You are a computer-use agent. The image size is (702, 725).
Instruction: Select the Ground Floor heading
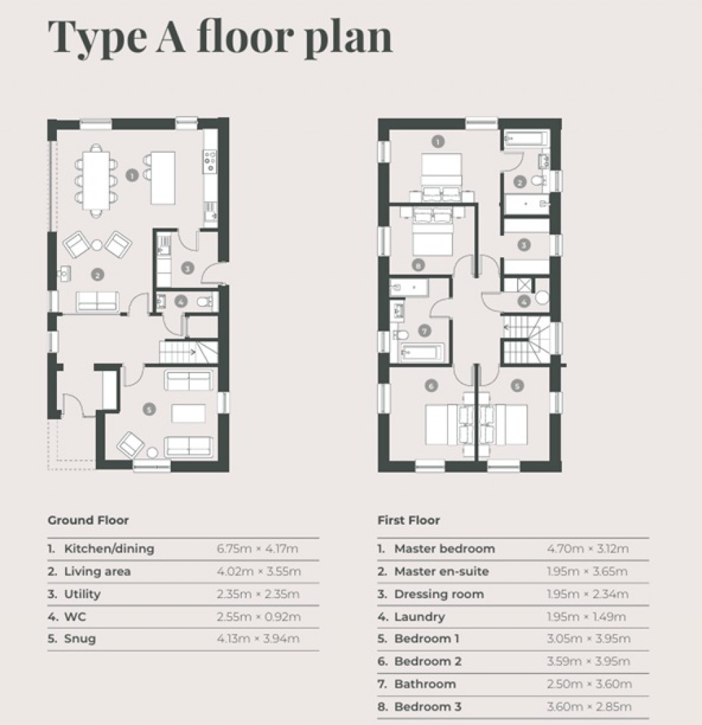click(x=88, y=520)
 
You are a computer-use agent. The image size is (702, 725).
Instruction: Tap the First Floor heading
click(x=409, y=520)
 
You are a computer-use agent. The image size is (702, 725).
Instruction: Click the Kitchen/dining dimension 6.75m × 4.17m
click(x=258, y=549)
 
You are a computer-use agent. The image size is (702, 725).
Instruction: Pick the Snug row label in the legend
click(x=80, y=639)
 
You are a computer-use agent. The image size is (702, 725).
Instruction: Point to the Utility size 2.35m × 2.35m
click(x=258, y=594)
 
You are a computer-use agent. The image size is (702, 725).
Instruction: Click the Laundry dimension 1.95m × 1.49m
click(x=588, y=617)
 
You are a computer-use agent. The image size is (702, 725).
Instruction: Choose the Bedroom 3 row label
click(x=428, y=706)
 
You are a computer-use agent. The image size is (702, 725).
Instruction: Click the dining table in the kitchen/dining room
click(x=96, y=176)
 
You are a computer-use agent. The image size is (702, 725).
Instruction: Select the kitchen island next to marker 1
click(x=162, y=177)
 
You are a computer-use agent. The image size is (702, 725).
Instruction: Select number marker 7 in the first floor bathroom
click(x=424, y=331)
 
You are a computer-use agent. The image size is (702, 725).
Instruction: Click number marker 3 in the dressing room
click(x=523, y=244)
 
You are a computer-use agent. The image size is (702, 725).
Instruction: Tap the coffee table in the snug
click(x=189, y=414)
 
